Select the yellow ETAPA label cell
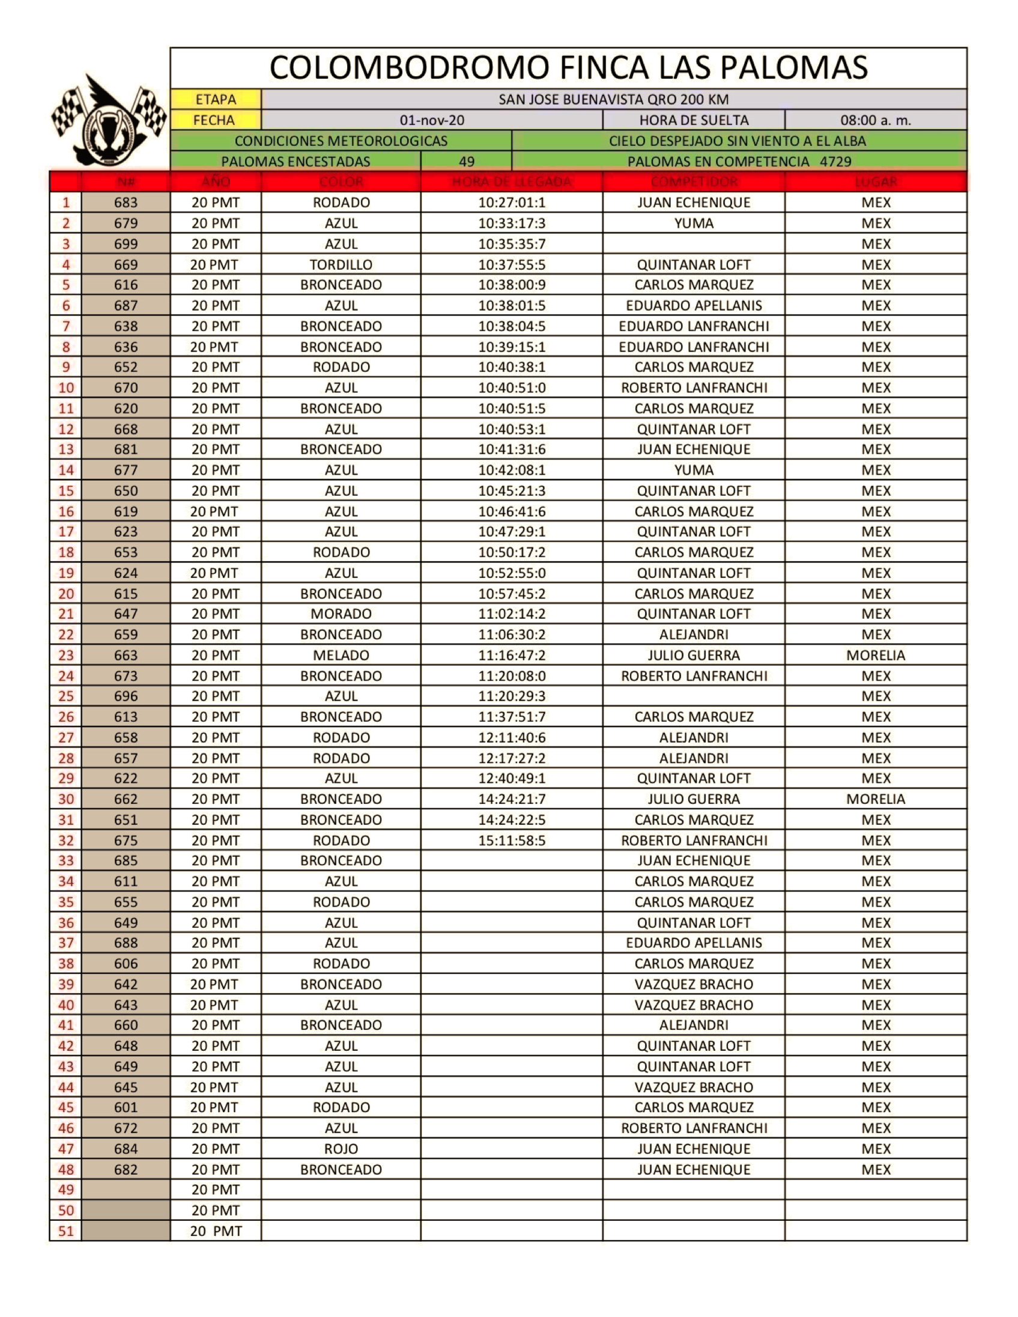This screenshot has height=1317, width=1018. click(216, 100)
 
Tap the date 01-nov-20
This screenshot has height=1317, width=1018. click(432, 120)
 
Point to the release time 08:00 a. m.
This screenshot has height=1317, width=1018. click(875, 120)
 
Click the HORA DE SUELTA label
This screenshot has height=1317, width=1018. click(694, 120)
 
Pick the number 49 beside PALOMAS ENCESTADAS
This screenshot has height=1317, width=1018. click(466, 162)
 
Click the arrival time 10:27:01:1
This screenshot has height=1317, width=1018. click(512, 202)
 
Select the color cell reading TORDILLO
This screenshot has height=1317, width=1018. click(341, 265)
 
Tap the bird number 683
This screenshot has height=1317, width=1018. click(126, 202)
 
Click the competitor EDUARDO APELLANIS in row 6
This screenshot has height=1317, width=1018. click(694, 306)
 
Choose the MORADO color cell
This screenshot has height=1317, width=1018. click(341, 614)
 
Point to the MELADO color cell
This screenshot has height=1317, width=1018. click(341, 655)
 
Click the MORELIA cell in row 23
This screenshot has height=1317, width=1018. click(875, 655)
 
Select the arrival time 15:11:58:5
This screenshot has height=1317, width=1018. click(512, 841)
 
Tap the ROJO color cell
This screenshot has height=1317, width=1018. click(341, 1149)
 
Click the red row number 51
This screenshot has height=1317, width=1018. click(65, 1230)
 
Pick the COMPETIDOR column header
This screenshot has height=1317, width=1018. click(694, 181)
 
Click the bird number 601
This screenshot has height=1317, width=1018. click(126, 1107)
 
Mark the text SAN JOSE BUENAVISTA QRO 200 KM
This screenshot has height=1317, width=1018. click(613, 100)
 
